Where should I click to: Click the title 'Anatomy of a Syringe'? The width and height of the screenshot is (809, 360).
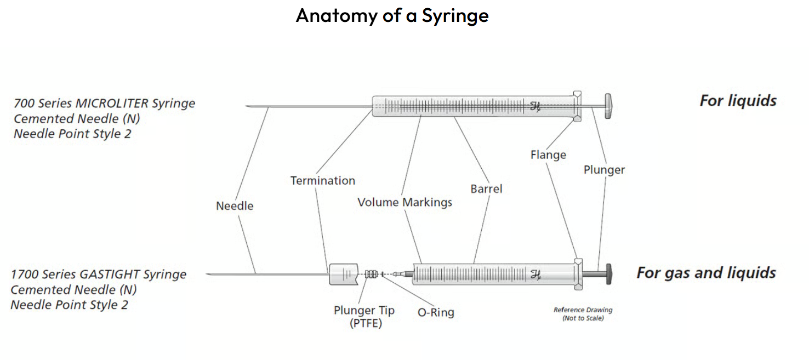392,15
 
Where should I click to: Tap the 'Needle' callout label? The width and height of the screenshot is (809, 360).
235,206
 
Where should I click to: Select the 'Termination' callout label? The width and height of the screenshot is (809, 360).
322,180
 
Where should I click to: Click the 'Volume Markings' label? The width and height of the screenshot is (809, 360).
404,202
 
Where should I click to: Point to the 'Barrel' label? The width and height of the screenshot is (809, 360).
486,188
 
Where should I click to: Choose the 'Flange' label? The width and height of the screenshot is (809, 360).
548,155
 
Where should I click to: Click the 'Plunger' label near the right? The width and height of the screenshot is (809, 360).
604,170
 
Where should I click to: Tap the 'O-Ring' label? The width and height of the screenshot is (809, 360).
436,313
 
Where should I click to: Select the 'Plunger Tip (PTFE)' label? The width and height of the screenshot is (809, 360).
364,317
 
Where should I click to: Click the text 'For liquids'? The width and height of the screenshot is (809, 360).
738,101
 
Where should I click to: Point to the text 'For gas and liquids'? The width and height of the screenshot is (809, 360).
706,273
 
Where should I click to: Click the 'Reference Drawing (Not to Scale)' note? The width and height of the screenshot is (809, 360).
583,314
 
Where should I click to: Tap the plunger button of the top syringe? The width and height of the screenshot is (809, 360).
609,106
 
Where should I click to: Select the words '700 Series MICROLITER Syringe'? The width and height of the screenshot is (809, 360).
104,103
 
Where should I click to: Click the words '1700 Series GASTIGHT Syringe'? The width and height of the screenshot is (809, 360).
99,275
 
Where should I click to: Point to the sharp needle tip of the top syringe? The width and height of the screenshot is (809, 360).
248,106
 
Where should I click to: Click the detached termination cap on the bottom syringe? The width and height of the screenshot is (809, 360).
343,273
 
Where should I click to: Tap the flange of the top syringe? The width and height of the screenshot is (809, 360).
577,106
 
